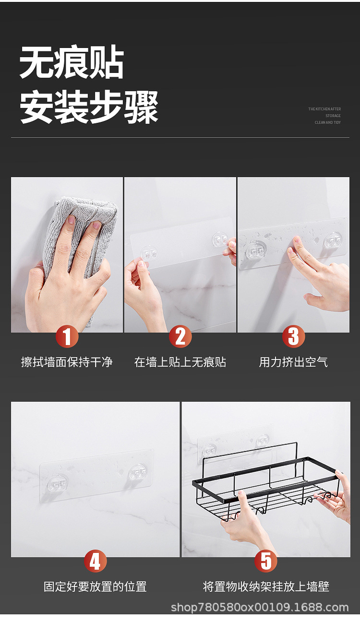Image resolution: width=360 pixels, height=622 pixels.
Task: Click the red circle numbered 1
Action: (x=67, y=336)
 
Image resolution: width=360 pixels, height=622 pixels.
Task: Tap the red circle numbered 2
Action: (x=180, y=336)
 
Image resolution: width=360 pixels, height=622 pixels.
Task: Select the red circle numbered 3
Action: (x=293, y=336)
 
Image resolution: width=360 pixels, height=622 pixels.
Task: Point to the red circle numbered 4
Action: (x=96, y=561)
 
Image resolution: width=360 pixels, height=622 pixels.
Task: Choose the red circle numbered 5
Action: (x=266, y=561)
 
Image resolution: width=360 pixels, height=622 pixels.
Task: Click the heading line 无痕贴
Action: (x=72, y=63)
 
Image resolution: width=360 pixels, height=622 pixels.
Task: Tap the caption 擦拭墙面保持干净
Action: (x=67, y=362)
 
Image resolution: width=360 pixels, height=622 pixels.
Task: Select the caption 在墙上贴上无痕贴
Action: (x=180, y=362)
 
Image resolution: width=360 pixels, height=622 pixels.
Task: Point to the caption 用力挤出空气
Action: (x=293, y=362)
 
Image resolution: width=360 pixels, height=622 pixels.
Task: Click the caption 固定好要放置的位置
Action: (x=96, y=586)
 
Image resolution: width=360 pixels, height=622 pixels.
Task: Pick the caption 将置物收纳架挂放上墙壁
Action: (x=266, y=586)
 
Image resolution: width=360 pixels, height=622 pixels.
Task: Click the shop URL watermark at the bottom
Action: (x=260, y=607)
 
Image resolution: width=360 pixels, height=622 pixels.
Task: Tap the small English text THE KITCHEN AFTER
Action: (x=324, y=109)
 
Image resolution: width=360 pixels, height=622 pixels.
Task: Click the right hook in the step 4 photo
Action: (x=138, y=472)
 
